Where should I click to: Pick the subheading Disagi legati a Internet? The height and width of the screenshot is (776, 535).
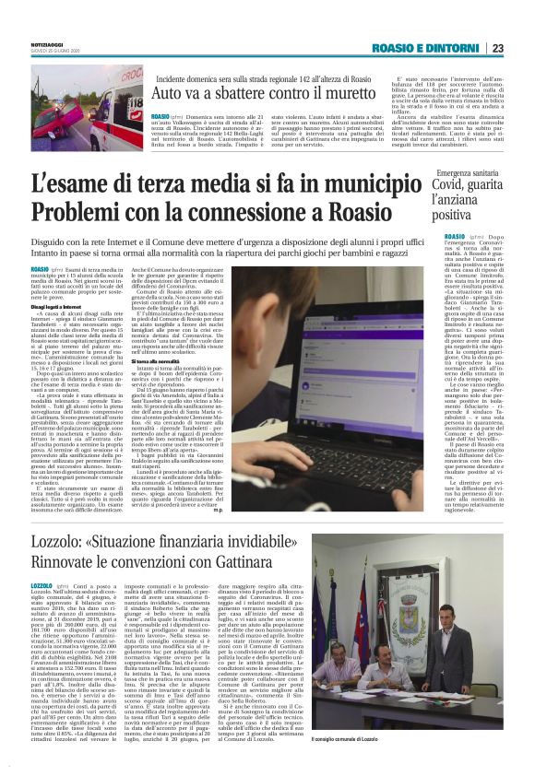click(x=83, y=309)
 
